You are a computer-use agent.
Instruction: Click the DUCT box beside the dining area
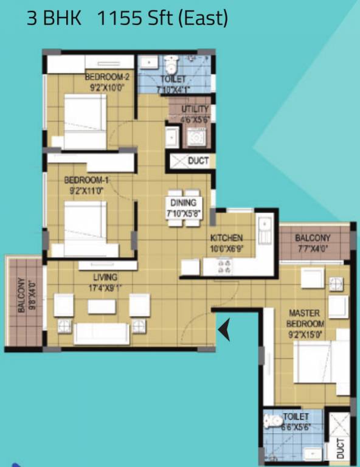click(189, 161)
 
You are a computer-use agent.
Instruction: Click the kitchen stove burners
click(224, 265)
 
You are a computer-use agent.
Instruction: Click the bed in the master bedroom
click(315, 362)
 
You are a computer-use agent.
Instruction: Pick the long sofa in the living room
click(101, 333)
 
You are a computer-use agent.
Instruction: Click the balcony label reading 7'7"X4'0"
click(313, 243)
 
